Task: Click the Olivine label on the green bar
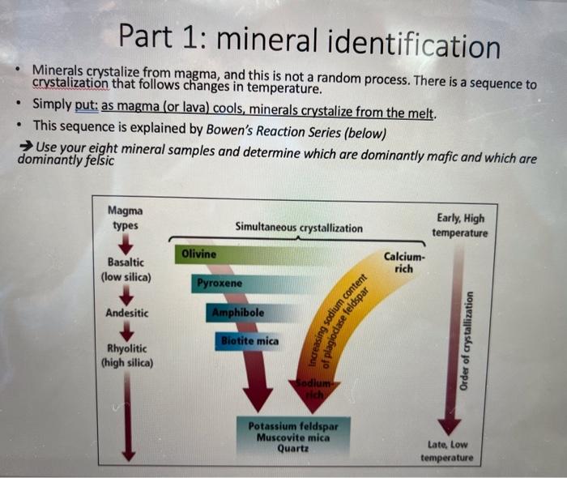tap(199, 254)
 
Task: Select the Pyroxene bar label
tap(219, 284)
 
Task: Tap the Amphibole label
tap(237, 312)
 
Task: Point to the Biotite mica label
tap(249, 341)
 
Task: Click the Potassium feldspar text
tap(293, 425)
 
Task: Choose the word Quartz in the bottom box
tap(293, 448)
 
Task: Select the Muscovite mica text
tap(293, 437)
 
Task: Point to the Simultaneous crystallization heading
tap(299, 228)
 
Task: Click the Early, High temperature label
tap(459, 225)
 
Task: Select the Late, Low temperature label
tap(447, 451)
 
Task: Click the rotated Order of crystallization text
tap(467, 341)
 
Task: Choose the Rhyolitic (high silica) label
tap(126, 356)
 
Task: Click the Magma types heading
tap(123, 217)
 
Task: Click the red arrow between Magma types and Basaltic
tap(125, 243)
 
